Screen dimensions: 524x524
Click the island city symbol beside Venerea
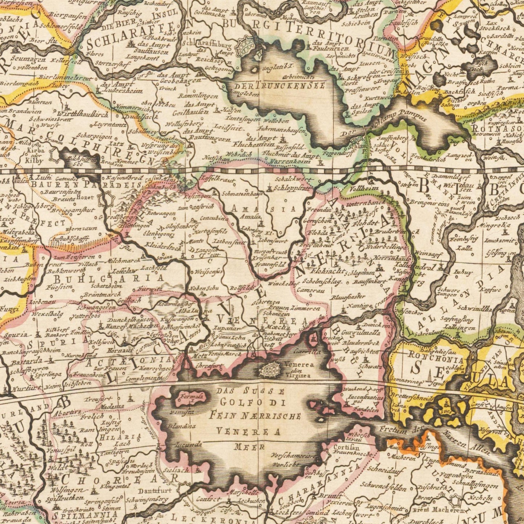pos(271,370)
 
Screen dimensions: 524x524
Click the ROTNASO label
pos(498,129)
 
